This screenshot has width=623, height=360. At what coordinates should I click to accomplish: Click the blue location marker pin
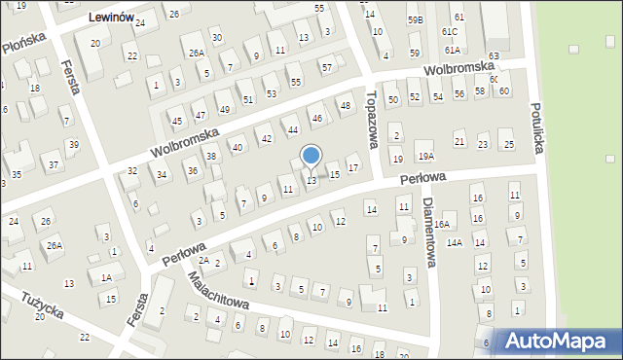coord(311,156)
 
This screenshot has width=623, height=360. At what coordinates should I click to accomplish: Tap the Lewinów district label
coord(110,18)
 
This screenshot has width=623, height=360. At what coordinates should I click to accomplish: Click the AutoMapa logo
coord(560,340)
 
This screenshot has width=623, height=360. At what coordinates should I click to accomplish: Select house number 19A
coord(424,157)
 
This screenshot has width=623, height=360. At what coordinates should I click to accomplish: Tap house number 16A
coord(442,224)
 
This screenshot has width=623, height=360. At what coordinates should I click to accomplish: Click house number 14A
coord(455,242)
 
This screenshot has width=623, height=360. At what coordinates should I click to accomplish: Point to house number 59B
coord(416,19)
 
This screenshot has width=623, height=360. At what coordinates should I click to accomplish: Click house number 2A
coord(203,261)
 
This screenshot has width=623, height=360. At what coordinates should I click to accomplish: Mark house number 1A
coord(105,277)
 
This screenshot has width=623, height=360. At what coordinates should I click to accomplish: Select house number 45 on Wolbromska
coord(177,122)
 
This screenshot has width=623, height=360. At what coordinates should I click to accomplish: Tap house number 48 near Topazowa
coord(344,105)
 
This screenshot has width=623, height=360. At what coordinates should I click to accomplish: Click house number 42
coord(266,139)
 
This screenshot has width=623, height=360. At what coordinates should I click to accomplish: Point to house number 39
coord(73,145)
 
